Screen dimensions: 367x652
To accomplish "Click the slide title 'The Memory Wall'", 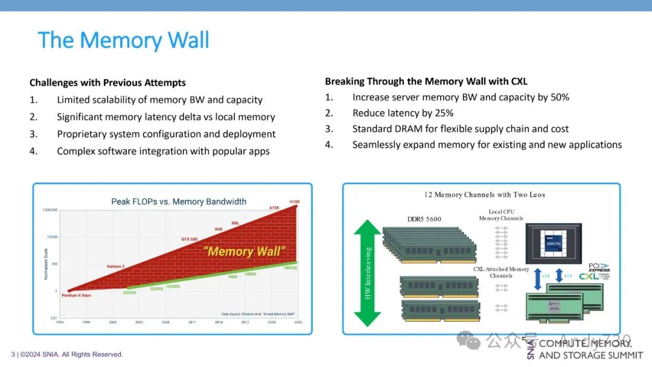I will (124, 40).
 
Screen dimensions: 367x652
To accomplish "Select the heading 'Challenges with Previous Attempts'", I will (107, 83).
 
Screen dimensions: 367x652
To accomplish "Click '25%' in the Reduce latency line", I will (443, 113).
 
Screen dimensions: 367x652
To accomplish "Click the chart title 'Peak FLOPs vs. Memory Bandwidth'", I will (179, 202).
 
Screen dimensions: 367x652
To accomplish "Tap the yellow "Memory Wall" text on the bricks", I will (244, 252).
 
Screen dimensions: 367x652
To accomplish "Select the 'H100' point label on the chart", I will (295, 202).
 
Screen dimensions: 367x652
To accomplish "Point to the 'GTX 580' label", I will (190, 240).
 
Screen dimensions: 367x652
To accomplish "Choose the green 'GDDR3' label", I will (129, 293).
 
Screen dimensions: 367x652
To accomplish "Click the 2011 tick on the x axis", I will (192, 322).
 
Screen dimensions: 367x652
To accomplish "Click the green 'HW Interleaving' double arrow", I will (367, 273).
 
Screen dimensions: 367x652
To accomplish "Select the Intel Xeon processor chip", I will (554, 243).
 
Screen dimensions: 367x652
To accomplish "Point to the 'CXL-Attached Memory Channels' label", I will (501, 272).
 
